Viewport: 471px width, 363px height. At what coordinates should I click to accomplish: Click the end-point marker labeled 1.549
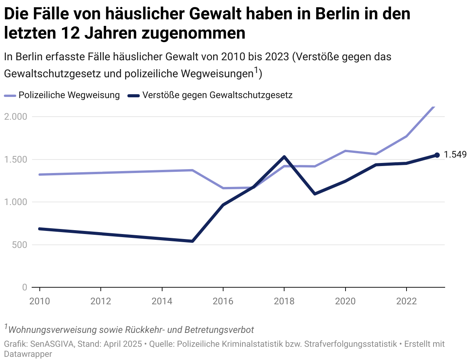pos(437,155)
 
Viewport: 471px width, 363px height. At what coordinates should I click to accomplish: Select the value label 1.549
pos(455,155)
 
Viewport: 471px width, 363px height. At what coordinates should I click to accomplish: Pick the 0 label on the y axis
pos(24,287)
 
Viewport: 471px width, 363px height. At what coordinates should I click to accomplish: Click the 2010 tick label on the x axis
pos(40,301)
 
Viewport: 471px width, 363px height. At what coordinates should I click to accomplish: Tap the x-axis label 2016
pos(223,301)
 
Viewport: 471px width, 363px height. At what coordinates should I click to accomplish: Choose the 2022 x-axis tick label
pos(406,301)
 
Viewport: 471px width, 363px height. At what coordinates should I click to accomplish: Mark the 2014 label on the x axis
pos(162,301)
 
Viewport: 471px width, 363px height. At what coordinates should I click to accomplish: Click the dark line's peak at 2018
pos(284,157)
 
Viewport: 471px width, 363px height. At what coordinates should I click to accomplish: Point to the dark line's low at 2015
pos(192,241)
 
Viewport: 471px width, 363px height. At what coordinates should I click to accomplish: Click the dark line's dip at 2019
pos(315,193)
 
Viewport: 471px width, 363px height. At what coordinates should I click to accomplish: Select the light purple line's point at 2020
pos(345,151)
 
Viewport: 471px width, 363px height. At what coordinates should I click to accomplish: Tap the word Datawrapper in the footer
pos(28,353)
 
